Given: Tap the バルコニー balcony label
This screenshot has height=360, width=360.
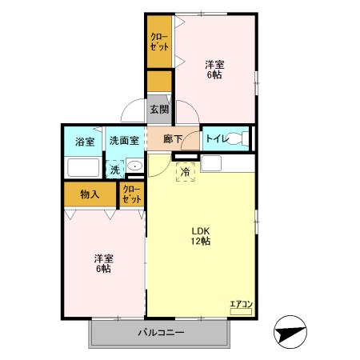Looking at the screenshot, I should pyautogui.click(x=161, y=332).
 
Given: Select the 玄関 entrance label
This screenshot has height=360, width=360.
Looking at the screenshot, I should pyautogui.click(x=158, y=109).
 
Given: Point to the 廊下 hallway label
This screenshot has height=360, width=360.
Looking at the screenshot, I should pyautogui.click(x=173, y=139).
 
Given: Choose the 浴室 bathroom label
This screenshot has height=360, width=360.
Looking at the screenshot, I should pyautogui.click(x=84, y=141).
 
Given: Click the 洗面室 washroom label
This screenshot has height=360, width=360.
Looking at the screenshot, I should pyautogui.click(x=124, y=141).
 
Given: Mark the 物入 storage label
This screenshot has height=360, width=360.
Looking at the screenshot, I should pyautogui.click(x=89, y=194).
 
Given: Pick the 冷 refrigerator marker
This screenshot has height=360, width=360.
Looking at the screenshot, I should pyautogui.click(x=185, y=170).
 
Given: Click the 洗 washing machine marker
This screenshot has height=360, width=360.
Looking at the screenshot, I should pyautogui.click(x=115, y=169).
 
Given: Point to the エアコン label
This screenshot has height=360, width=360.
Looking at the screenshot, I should pyautogui.click(x=241, y=302).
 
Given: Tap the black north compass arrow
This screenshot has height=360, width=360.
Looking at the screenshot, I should pyautogui.click(x=290, y=332).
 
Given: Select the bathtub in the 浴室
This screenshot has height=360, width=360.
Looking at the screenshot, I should pyautogui.click(x=82, y=168).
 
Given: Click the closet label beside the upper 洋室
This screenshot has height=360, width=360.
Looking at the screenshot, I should pyautogui.click(x=159, y=42).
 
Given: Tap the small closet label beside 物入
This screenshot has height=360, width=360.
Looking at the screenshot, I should pyautogui.click(x=131, y=194).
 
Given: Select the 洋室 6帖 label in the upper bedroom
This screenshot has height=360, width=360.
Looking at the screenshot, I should pyautogui.click(x=213, y=70).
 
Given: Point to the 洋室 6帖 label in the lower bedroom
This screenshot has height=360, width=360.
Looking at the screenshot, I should pyautogui.click(x=102, y=263).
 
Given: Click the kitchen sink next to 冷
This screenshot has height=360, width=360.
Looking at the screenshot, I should pyautogui.click(x=211, y=164).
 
